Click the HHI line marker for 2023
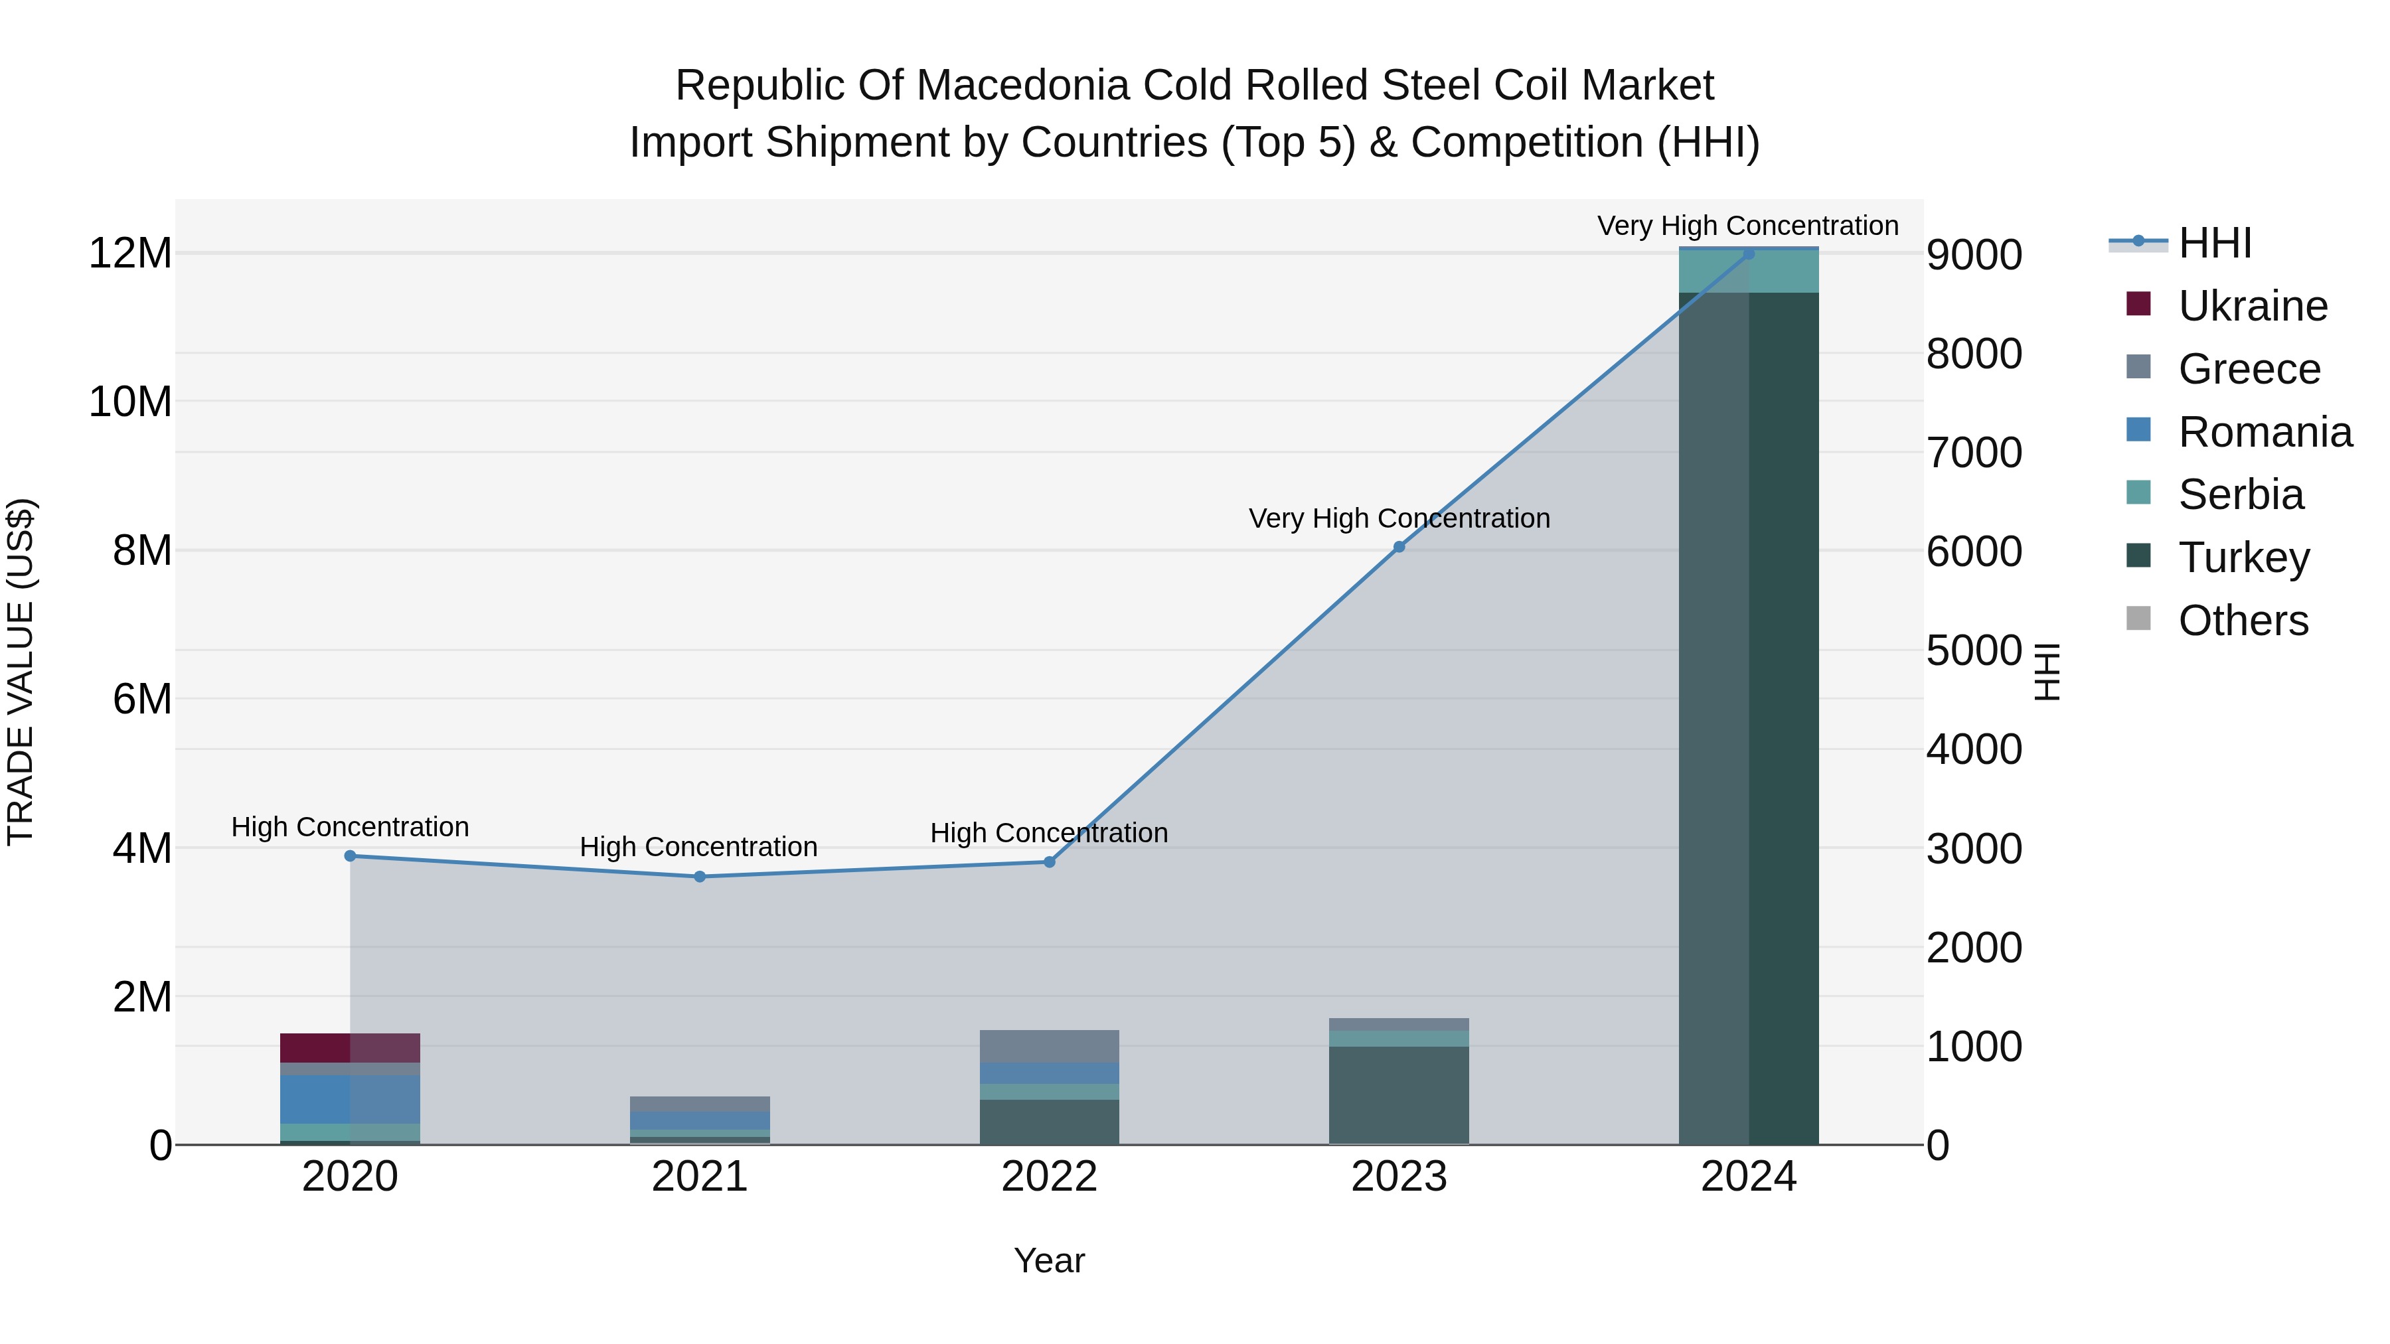tap(1399, 548)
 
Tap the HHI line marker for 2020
tap(350, 856)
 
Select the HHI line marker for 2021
tap(700, 877)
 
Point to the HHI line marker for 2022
tap(1050, 861)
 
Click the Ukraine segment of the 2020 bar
tap(350, 1047)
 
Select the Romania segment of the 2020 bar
tap(350, 1099)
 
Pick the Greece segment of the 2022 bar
tap(1050, 1046)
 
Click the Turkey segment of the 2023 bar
tap(1399, 1094)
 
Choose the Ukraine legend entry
tap(2252, 306)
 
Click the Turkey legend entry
tap(2243, 558)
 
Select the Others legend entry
tap(2243, 621)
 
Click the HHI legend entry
tap(2213, 243)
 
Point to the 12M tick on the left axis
tap(130, 254)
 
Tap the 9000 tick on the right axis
tap(1974, 255)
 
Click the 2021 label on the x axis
tap(700, 1177)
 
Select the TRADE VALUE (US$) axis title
tap(21, 672)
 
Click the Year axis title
tap(1050, 1260)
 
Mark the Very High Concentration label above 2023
tap(1399, 518)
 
